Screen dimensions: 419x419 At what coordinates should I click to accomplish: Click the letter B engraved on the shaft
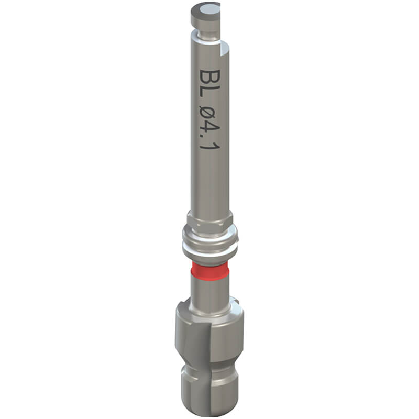click(x=210, y=78)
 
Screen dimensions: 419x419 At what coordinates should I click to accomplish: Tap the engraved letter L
click(x=210, y=95)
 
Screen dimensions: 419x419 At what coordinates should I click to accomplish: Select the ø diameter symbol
click(x=210, y=115)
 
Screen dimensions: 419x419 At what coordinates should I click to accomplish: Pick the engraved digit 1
click(x=210, y=149)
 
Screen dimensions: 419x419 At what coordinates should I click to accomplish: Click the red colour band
click(x=210, y=270)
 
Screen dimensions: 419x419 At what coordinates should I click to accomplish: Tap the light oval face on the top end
click(x=210, y=12)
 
